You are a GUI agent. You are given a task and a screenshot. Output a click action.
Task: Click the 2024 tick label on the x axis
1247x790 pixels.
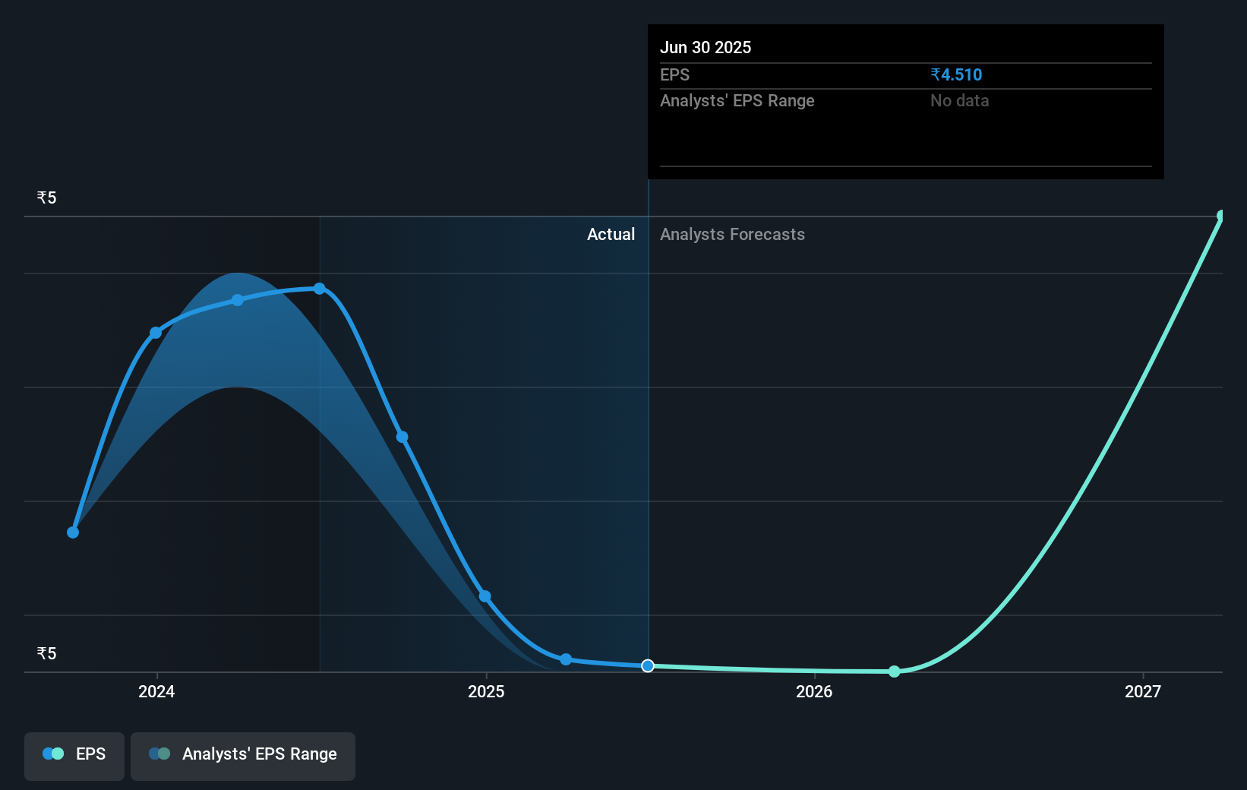pyautogui.click(x=156, y=691)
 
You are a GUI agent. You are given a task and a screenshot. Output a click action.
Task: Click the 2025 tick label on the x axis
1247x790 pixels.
pyautogui.click(x=486, y=691)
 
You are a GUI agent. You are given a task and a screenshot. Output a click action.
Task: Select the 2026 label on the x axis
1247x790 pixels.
pyautogui.click(x=814, y=691)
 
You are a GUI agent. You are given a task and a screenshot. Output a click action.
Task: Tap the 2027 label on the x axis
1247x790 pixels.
pyautogui.click(x=1143, y=691)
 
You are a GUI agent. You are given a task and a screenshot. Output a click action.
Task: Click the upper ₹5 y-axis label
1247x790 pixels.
pyautogui.click(x=46, y=198)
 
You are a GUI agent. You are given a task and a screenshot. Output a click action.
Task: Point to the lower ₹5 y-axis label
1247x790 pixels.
pyautogui.click(x=46, y=654)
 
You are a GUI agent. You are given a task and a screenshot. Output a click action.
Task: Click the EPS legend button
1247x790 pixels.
pyautogui.click(x=74, y=754)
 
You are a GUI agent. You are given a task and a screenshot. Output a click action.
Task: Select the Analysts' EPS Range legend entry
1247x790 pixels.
pyautogui.click(x=243, y=754)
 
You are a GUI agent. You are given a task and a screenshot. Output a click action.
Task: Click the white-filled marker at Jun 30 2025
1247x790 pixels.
pyautogui.click(x=648, y=666)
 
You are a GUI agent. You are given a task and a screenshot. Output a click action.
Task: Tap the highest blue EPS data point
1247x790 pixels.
pyautogui.click(x=320, y=289)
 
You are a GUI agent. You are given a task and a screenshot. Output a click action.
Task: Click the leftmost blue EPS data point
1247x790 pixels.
pyautogui.click(x=73, y=532)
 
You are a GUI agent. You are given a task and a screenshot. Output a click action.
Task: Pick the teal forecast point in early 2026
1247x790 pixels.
pyautogui.click(x=895, y=671)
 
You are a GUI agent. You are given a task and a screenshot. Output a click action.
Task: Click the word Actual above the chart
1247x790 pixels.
pyautogui.click(x=611, y=235)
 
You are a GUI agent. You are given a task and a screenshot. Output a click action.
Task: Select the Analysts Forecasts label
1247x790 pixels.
pyautogui.click(x=732, y=235)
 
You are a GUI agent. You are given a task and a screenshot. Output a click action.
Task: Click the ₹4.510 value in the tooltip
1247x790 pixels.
pyautogui.click(x=956, y=75)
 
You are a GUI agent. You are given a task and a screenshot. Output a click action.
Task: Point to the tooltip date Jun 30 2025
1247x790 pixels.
pyautogui.click(x=706, y=48)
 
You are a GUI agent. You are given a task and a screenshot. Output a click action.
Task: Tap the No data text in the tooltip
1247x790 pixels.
pyautogui.click(x=959, y=101)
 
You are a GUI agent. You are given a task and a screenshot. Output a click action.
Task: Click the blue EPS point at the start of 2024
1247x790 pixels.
pyautogui.click(x=156, y=333)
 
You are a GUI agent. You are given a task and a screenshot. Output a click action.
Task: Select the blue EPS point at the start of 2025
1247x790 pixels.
pyautogui.click(x=485, y=596)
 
